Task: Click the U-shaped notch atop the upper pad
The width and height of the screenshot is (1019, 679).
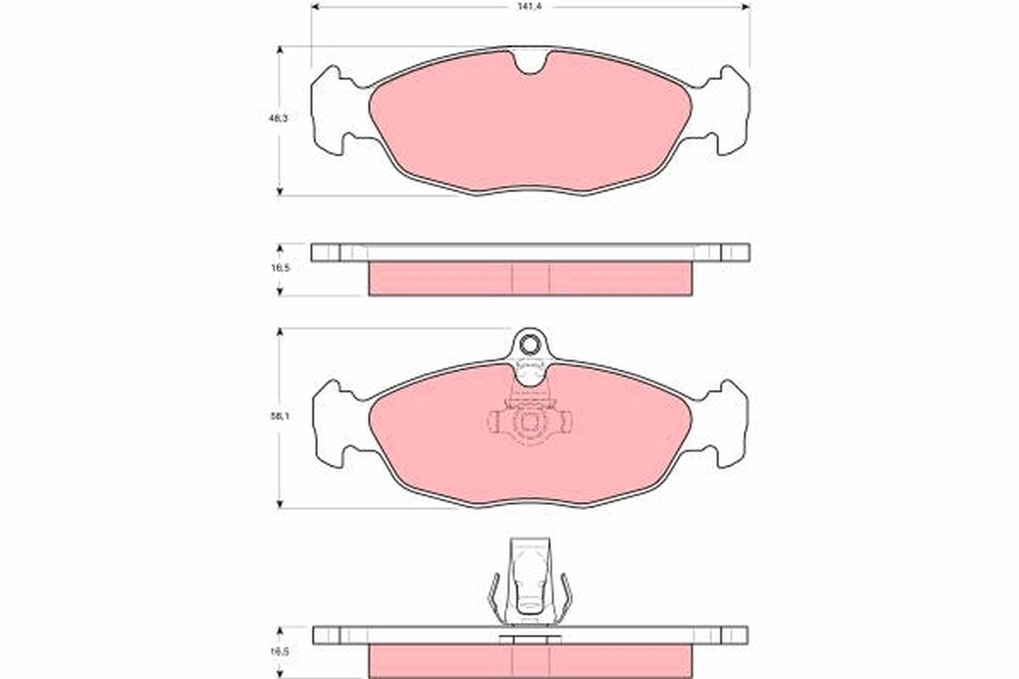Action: point(532,63)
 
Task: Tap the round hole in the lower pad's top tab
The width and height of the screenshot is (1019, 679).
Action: point(531,345)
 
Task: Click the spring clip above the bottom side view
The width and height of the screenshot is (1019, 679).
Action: point(531,581)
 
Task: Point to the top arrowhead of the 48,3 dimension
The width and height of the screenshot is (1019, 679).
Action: point(280,49)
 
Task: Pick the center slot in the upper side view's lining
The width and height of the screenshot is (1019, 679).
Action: point(532,278)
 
